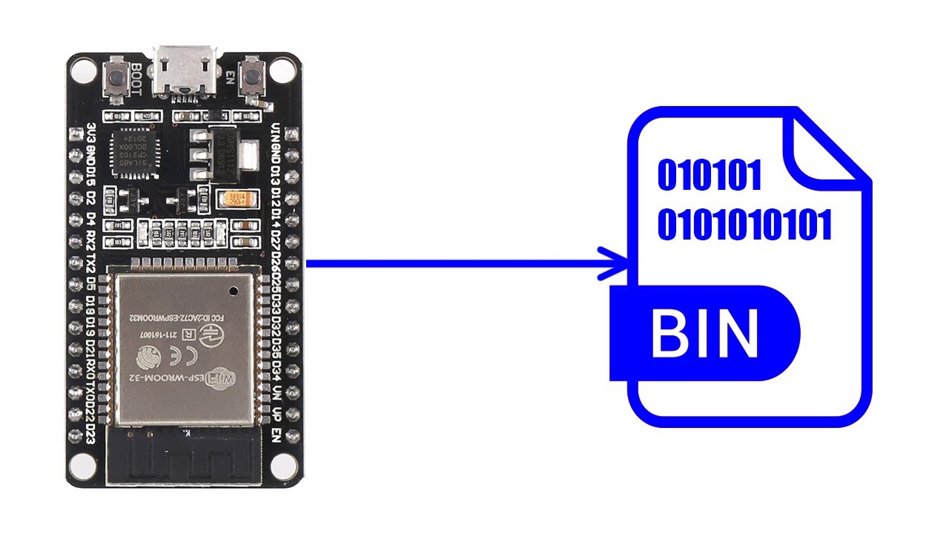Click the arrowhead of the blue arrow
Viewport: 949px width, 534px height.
pyautogui.click(x=615, y=263)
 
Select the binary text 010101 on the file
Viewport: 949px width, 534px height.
pyautogui.click(x=710, y=176)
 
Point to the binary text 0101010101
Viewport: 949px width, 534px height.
pyautogui.click(x=744, y=224)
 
